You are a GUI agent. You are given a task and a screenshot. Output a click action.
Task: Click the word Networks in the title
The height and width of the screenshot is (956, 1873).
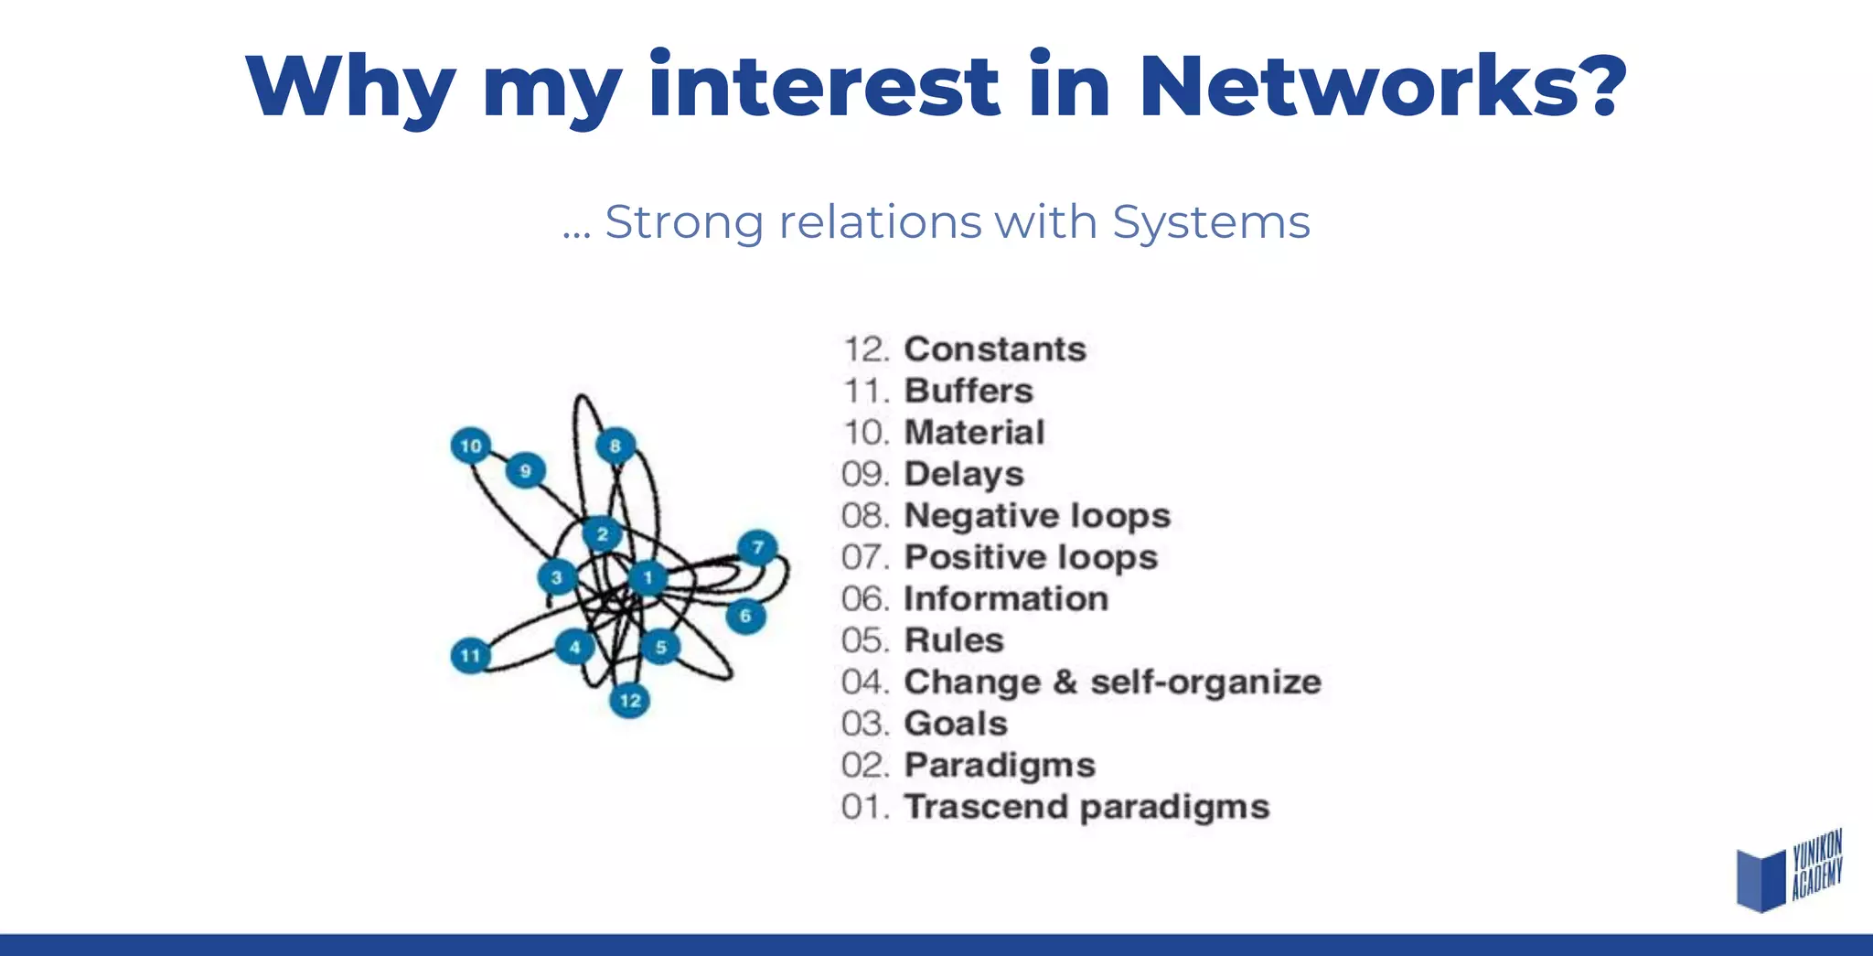click(1382, 87)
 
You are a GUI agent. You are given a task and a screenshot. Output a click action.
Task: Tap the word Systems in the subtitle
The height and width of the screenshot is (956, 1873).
click(1211, 222)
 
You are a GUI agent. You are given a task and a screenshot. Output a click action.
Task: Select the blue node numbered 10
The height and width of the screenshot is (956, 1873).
click(471, 446)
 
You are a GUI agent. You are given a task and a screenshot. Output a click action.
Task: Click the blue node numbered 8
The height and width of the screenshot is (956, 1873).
click(615, 446)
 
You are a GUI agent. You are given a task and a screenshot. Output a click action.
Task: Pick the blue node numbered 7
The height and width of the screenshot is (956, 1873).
click(757, 548)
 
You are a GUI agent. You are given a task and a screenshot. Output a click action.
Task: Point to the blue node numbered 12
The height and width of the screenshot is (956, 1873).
click(630, 701)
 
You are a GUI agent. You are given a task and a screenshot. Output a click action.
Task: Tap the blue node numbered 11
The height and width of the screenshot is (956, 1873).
click(471, 655)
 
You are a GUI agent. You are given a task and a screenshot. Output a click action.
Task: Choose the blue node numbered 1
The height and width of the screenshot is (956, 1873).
click(648, 577)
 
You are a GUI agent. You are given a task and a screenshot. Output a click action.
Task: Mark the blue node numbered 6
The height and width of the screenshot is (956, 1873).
click(745, 616)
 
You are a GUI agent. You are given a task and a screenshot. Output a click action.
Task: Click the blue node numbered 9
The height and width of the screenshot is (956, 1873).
click(525, 471)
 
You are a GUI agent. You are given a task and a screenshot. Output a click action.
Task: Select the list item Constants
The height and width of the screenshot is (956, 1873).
click(995, 349)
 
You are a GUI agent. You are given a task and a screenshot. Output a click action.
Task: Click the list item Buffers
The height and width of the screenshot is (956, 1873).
click(969, 392)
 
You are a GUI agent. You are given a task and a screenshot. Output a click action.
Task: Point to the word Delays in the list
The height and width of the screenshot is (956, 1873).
click(964, 475)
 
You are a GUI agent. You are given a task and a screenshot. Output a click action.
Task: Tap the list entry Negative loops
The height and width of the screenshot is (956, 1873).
click(1037, 516)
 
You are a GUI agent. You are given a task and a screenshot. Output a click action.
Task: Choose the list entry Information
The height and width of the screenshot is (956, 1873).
click(1006, 599)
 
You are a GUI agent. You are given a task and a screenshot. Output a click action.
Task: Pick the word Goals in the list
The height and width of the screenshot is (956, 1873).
click(956, 724)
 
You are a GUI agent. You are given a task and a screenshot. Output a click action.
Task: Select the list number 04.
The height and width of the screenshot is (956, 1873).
click(864, 682)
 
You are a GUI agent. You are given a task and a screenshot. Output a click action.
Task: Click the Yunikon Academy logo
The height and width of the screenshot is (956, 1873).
click(1788, 871)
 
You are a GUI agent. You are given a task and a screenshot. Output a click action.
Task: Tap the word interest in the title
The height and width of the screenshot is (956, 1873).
click(823, 87)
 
